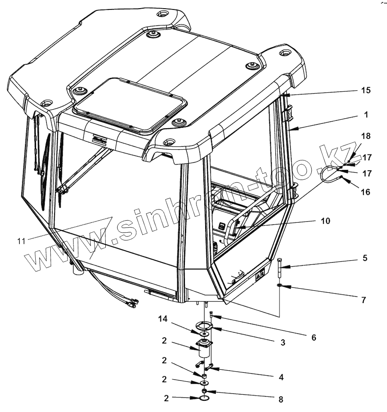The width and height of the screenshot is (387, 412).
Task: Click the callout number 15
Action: click(x=366, y=91)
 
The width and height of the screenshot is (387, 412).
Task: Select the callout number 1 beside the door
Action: click(x=366, y=115)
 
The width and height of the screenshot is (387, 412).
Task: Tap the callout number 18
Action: click(x=366, y=136)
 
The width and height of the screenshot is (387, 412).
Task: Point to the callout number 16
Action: click(x=365, y=192)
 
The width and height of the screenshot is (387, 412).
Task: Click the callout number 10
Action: click(x=326, y=221)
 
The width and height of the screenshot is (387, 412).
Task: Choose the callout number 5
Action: click(x=365, y=258)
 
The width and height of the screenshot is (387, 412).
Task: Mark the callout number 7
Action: click(x=363, y=300)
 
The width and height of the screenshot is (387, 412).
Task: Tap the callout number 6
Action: click(x=313, y=338)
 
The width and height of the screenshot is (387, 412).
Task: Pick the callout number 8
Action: click(x=281, y=399)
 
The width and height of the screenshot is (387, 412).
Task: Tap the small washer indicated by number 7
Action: click(x=280, y=285)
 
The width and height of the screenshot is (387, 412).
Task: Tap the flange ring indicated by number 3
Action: click(x=206, y=327)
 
